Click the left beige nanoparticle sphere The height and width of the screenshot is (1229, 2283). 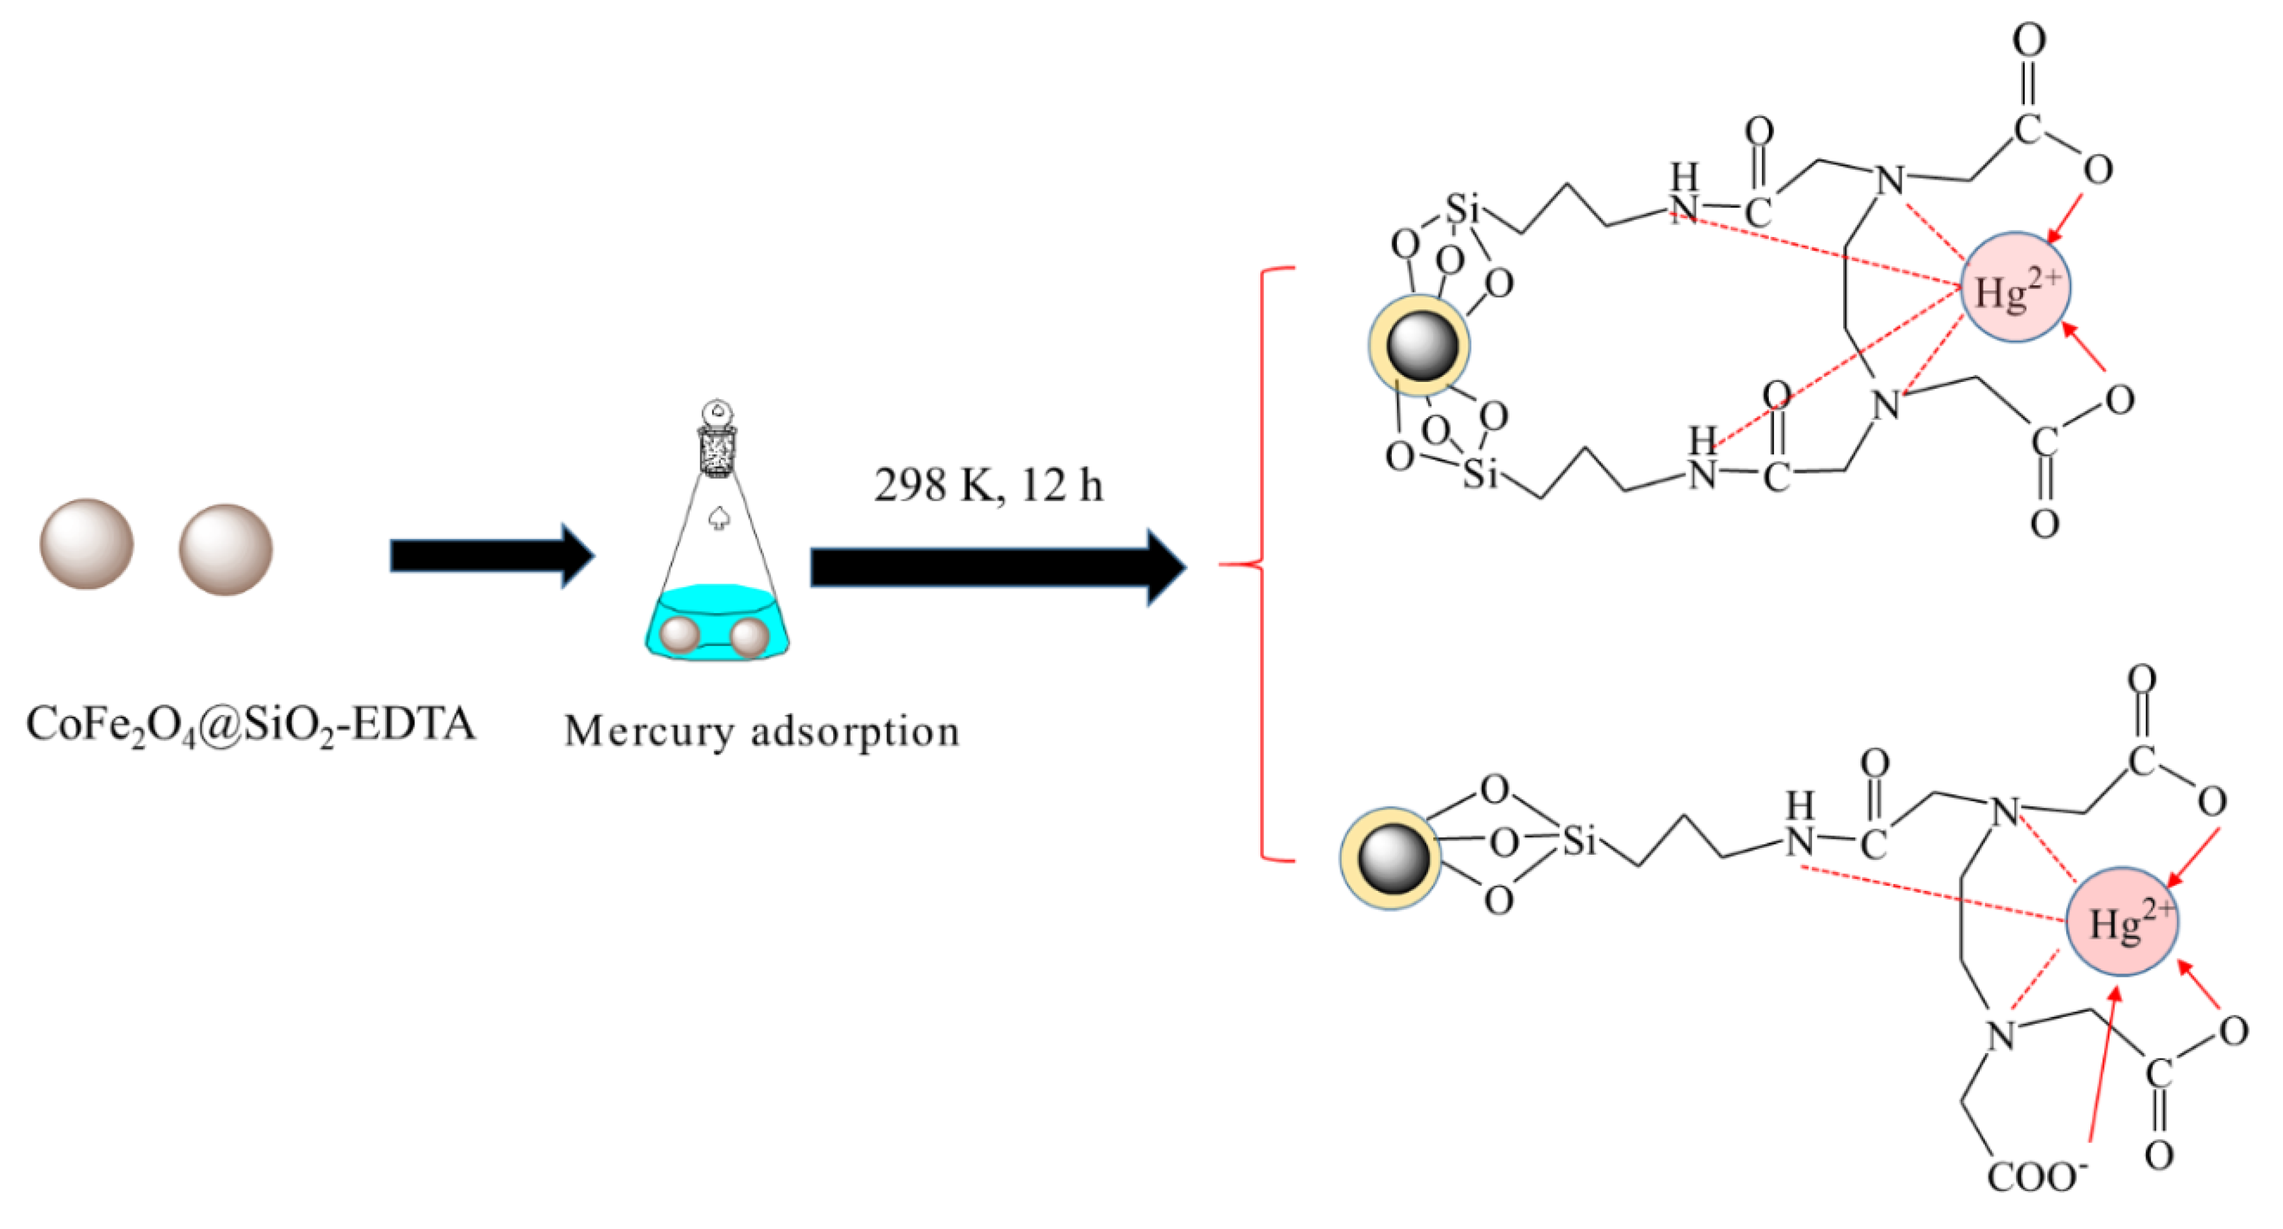pos(87,544)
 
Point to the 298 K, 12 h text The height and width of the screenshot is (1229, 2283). pos(988,485)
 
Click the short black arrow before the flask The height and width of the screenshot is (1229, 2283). pos(492,555)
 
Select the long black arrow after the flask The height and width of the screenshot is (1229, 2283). pos(997,567)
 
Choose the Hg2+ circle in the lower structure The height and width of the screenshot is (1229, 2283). pos(2122,921)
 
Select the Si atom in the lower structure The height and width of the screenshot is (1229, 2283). pos(1578,840)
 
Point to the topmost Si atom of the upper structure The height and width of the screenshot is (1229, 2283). pos(1462,210)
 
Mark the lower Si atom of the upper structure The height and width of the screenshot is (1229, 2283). pos(1479,474)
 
